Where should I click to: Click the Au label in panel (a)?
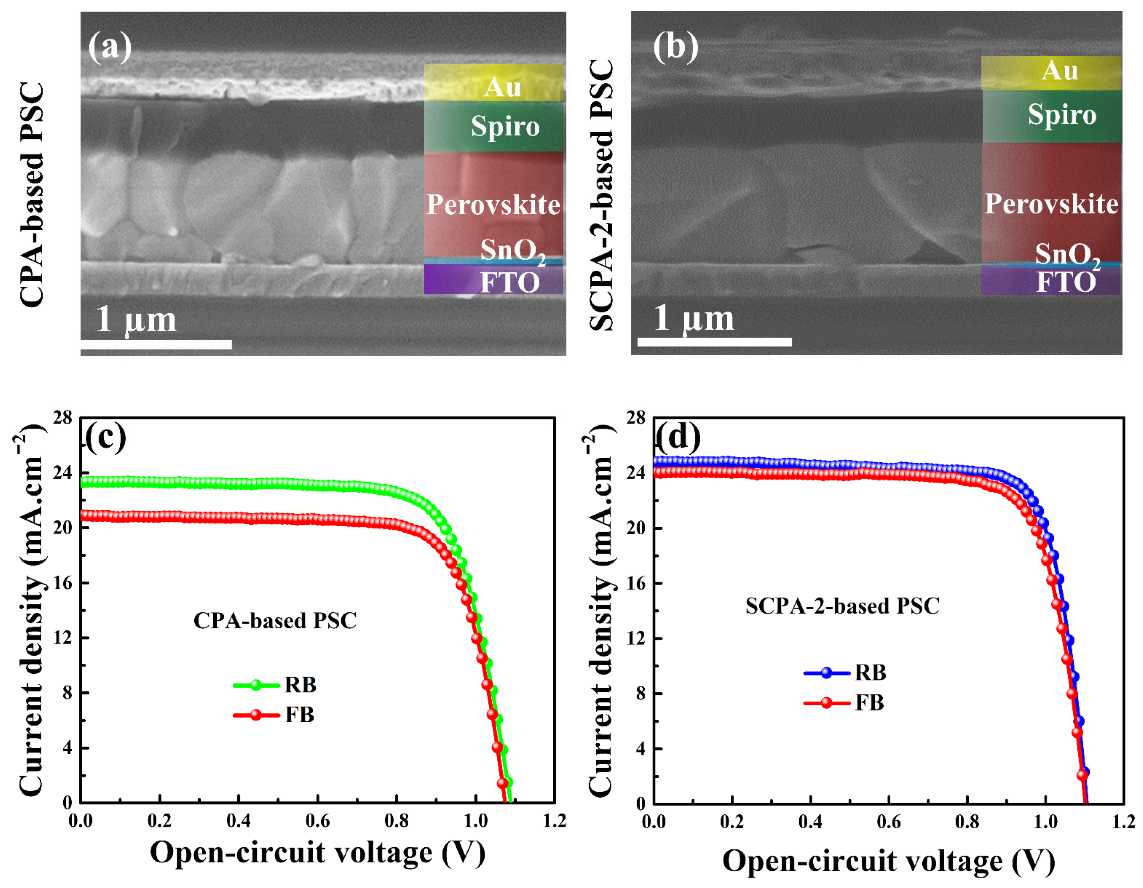tap(502, 87)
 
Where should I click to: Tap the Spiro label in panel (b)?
tap(1062, 115)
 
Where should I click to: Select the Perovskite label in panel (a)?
tap(493, 204)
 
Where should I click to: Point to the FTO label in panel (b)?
tap(1066, 282)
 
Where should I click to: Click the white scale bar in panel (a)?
tap(156, 344)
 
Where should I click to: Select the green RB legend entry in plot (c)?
tap(275, 685)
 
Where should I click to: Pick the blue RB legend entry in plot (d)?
tap(845, 673)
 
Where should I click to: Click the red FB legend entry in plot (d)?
tap(844, 702)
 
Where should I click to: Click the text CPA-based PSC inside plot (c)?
tap(275, 620)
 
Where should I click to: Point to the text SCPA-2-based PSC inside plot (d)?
tap(842, 606)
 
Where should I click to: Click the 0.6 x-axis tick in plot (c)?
tap(317, 820)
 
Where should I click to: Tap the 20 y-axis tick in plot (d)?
tap(636, 528)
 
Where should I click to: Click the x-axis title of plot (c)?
tap(317, 852)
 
